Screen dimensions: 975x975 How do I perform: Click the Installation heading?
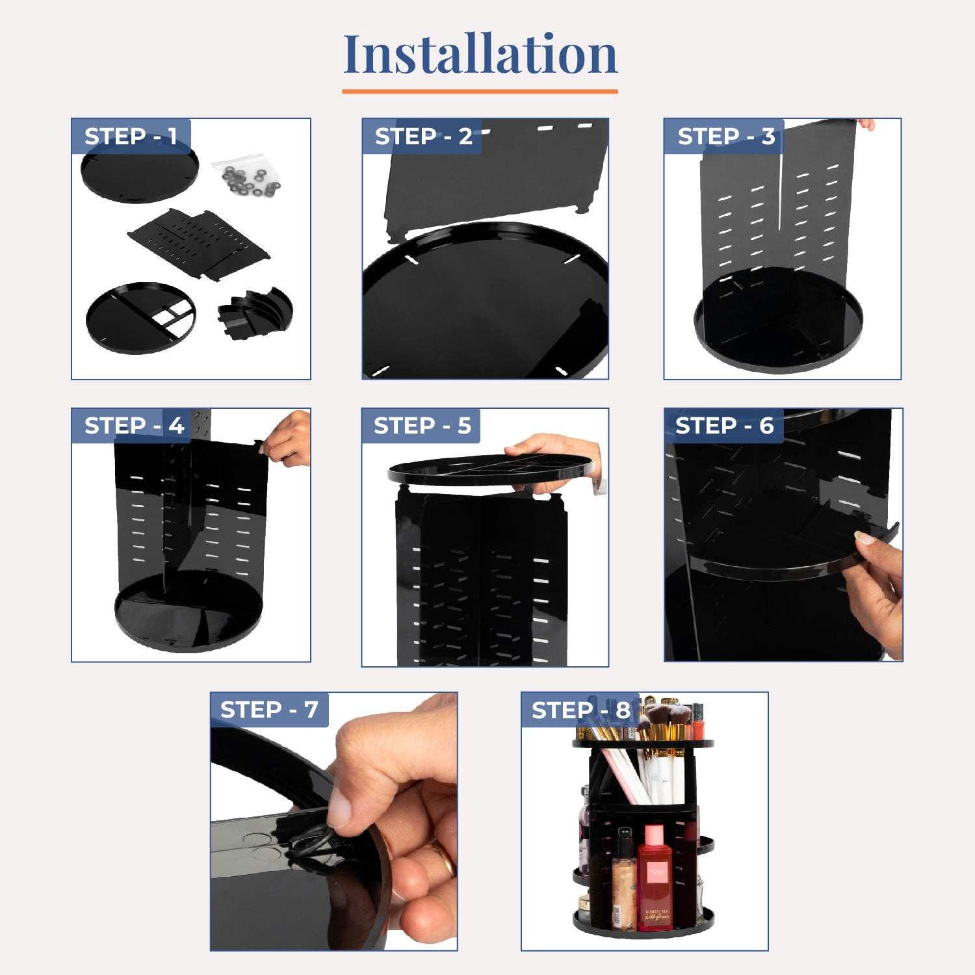point(480,54)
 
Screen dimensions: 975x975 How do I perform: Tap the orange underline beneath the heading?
point(480,92)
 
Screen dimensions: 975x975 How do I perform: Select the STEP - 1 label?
point(130,136)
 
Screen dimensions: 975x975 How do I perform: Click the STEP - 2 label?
point(423,136)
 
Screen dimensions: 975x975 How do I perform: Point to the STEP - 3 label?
point(725,136)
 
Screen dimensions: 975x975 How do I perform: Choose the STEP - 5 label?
point(422,426)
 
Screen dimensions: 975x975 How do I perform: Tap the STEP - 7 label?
point(269,710)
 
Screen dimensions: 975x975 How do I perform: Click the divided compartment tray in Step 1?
point(140,318)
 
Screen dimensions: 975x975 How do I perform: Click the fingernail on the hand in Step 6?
point(864,538)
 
